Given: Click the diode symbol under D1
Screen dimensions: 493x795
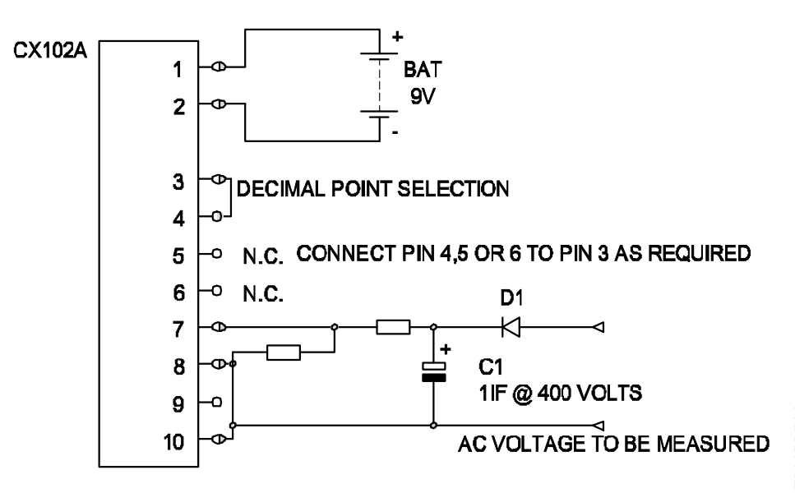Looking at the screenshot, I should [x=509, y=328].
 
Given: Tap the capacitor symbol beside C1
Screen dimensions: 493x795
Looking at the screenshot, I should [x=433, y=372].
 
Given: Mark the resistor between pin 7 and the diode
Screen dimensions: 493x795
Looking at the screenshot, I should [x=393, y=328].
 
